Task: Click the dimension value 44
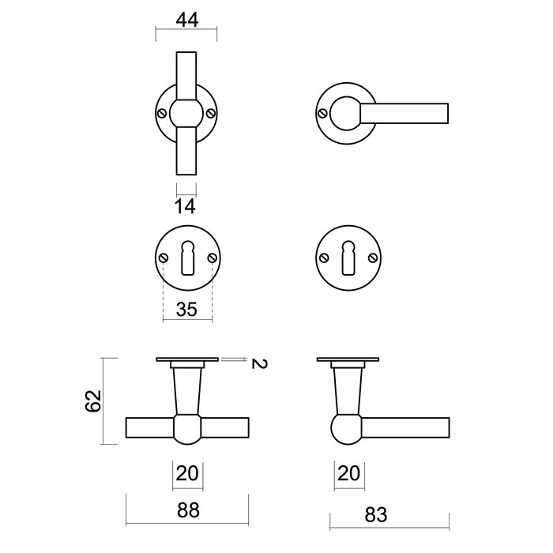tap(186, 21)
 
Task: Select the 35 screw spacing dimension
tap(186, 309)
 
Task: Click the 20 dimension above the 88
tap(186, 474)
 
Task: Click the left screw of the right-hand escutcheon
tap(323, 258)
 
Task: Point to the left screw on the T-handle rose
tap(163, 113)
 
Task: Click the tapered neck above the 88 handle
tap(186, 391)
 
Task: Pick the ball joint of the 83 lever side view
tap(345, 429)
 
